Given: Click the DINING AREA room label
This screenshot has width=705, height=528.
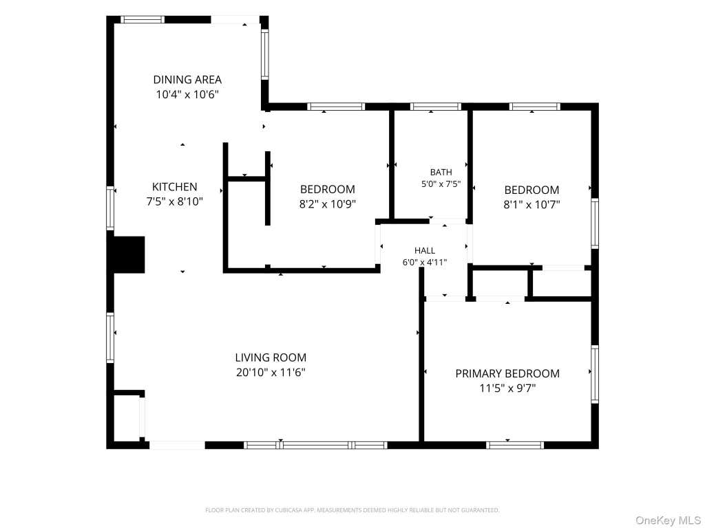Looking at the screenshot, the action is (187, 80).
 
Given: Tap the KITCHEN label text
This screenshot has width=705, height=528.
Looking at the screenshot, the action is (174, 187).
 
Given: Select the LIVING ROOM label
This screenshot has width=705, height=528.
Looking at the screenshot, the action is (271, 357).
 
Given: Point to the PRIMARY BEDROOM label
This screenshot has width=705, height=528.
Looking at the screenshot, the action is (507, 373).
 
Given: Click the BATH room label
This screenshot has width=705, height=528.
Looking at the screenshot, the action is (441, 172).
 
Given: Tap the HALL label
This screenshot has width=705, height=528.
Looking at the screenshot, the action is (424, 250).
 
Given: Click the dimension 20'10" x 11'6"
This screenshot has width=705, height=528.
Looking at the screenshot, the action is (271, 372).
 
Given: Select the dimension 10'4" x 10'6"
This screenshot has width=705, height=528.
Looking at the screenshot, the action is (187, 95).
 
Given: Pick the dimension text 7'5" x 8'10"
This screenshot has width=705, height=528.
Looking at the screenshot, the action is (174, 201).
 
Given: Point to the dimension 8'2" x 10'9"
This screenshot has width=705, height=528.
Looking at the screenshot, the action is (327, 204).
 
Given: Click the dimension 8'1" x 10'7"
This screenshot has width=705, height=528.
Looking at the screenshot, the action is (532, 205).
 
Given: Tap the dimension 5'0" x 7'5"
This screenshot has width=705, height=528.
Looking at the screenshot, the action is (441, 184).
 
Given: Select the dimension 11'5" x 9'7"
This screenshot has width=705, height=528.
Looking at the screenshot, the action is (507, 388).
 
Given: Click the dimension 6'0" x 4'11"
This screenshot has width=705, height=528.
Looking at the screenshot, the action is (424, 262).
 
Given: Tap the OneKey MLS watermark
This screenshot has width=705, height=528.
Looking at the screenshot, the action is (668, 520).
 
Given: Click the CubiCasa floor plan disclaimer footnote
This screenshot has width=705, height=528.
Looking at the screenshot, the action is (352, 510).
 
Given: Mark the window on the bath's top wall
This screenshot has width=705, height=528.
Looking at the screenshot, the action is (436, 107).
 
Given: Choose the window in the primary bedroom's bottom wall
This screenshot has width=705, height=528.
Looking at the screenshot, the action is (515, 445).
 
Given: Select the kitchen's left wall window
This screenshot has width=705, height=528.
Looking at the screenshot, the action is (110, 208).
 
